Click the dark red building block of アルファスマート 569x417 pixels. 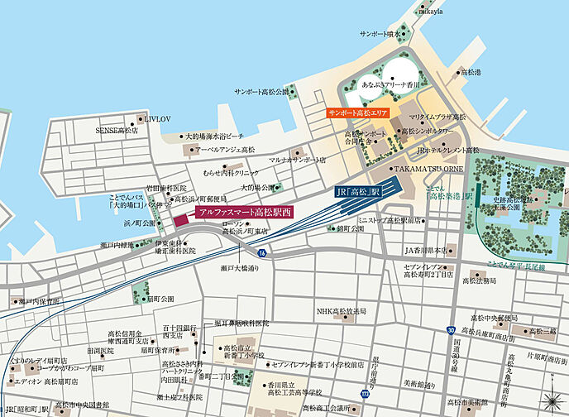pyautogui.click(x=183, y=219)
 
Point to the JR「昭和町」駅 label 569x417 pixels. pyautogui.click(x=27, y=410)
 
